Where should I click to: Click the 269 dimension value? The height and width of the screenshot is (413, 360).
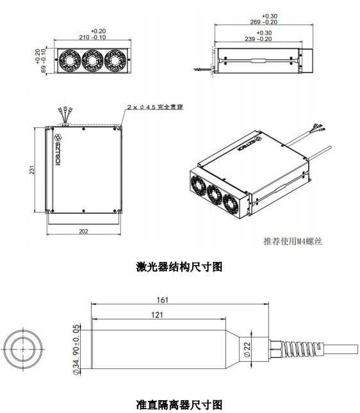[x=255, y=22]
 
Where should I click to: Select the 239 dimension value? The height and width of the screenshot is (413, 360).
[x=250, y=39]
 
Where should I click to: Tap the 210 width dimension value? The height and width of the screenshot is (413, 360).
[x=84, y=37]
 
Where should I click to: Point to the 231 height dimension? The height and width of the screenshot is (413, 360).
[x=32, y=170]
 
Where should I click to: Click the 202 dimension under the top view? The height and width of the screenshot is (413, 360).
[x=83, y=231]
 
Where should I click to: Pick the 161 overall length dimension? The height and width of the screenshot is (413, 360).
[x=162, y=300]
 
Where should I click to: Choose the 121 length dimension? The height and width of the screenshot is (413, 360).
[x=157, y=315]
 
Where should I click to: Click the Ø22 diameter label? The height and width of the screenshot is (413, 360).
[x=247, y=350]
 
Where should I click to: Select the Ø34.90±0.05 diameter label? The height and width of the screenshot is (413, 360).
[x=76, y=350]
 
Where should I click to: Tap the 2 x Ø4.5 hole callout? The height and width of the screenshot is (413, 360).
[x=155, y=107]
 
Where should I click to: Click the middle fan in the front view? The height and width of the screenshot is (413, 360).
[x=92, y=61]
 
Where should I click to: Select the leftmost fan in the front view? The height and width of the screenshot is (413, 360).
[x=70, y=61]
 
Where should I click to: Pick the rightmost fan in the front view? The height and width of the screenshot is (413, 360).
[x=115, y=61]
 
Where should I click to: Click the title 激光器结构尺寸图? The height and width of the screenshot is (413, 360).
[x=179, y=266]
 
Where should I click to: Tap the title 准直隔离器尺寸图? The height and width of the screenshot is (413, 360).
[x=179, y=405]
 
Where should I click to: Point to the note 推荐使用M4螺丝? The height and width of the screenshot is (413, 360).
[x=293, y=241]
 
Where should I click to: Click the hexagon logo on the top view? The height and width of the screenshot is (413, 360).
[x=58, y=137]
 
